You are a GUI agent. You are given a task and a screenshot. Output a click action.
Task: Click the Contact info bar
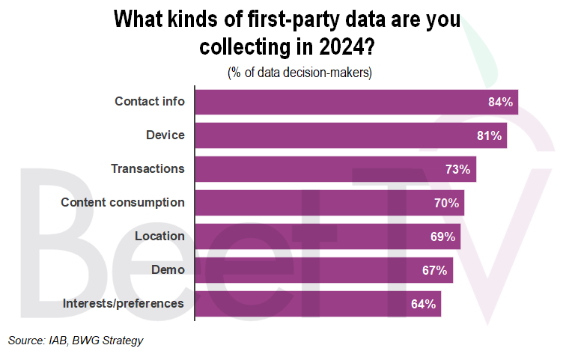(x=356, y=102)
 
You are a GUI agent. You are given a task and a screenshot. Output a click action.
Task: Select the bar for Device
(x=350, y=135)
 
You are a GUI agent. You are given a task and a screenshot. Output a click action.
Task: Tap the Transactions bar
(x=335, y=169)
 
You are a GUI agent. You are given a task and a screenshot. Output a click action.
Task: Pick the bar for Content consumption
(x=329, y=203)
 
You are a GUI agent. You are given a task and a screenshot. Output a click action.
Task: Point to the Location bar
(x=327, y=237)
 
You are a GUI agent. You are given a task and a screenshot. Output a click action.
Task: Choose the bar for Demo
(x=323, y=270)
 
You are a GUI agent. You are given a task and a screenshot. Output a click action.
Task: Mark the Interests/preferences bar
(x=317, y=304)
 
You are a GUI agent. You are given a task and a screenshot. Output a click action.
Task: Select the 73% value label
(x=457, y=170)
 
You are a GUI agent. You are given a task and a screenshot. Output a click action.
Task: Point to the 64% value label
(x=423, y=305)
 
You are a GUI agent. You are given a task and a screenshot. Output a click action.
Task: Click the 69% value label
(x=442, y=237)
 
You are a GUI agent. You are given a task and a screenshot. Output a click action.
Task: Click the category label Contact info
(x=149, y=101)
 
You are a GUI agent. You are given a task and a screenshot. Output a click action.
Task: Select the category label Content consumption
(x=123, y=202)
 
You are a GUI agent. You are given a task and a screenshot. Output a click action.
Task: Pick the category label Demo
(x=168, y=269)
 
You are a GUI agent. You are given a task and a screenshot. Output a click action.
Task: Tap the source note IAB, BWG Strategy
(x=76, y=341)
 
